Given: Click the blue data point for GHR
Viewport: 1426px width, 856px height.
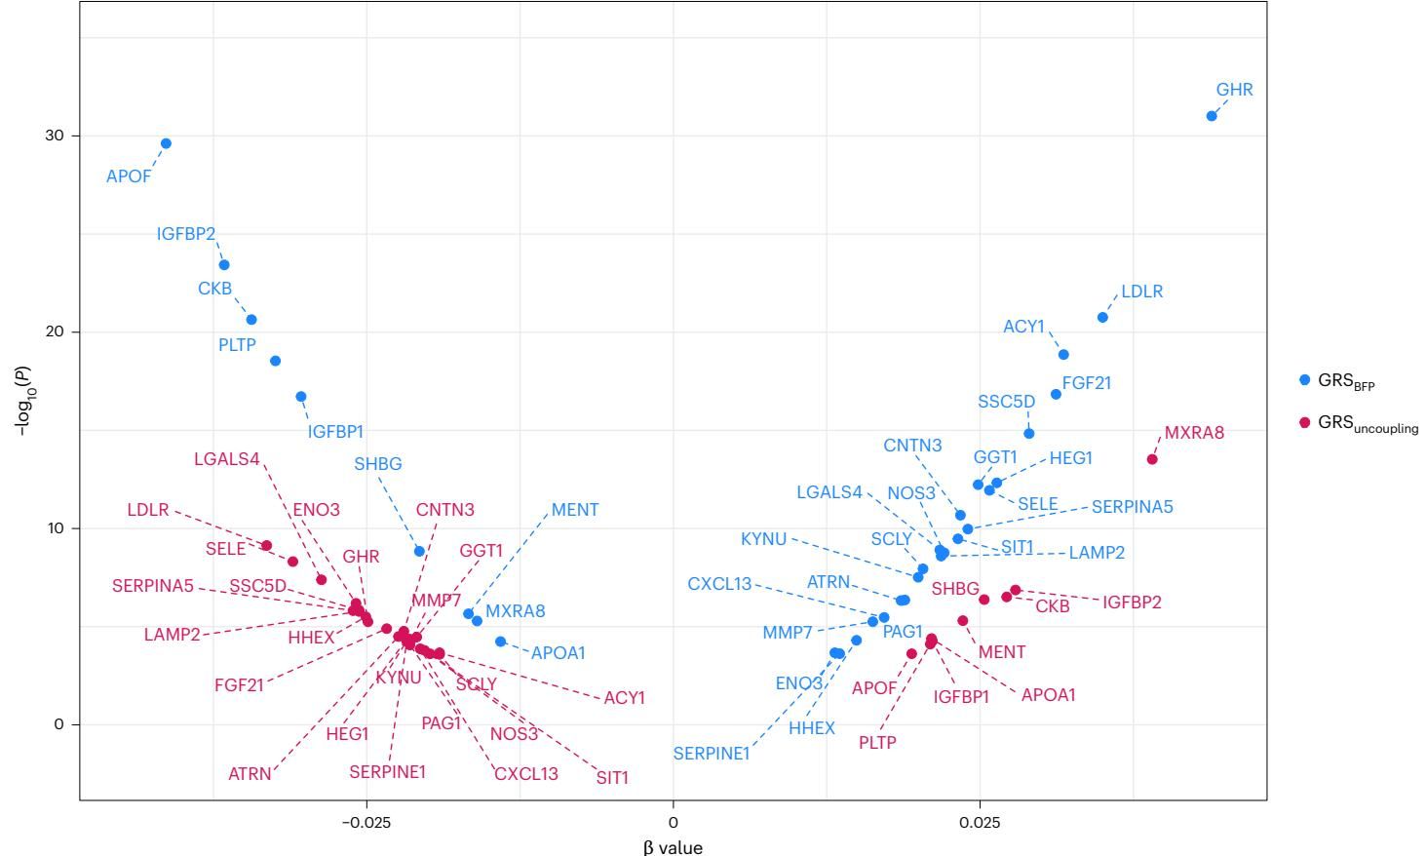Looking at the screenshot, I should pyautogui.click(x=1212, y=116).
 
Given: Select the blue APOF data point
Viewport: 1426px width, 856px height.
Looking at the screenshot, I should pyautogui.click(x=166, y=143).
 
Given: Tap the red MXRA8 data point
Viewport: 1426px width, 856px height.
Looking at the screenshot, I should pyautogui.click(x=1152, y=459).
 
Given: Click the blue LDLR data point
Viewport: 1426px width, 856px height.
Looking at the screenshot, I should pyautogui.click(x=1102, y=318).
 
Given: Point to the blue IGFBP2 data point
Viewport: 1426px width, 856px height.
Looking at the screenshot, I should pyautogui.click(x=224, y=265).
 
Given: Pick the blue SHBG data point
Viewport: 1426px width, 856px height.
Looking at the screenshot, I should pyautogui.click(x=419, y=551).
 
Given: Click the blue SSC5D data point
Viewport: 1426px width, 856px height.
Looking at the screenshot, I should pyautogui.click(x=1028, y=433).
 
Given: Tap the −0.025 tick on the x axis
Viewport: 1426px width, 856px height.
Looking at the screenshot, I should pyautogui.click(x=366, y=822).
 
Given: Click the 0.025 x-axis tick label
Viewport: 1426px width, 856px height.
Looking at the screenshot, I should pyautogui.click(x=980, y=822).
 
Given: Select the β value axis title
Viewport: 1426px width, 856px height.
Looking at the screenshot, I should pyautogui.click(x=673, y=847).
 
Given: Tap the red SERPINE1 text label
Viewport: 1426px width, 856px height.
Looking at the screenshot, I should pyautogui.click(x=388, y=772).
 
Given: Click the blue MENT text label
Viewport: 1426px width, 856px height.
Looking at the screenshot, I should pyautogui.click(x=575, y=510).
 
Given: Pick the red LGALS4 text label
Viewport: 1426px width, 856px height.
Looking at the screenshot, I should pyautogui.click(x=227, y=458).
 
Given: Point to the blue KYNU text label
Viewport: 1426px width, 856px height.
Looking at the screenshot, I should pyautogui.click(x=763, y=539).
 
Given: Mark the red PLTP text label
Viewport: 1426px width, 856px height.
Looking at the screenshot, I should pyautogui.click(x=877, y=742).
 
